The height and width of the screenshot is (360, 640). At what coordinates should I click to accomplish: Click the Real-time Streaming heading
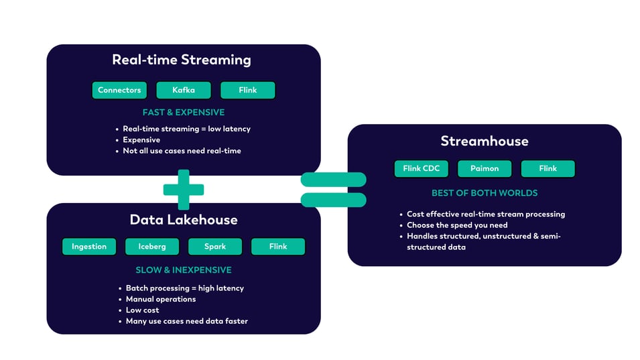[181, 60]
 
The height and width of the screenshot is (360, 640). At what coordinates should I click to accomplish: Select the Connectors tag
[119, 91]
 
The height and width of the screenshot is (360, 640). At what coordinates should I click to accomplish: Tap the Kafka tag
[184, 91]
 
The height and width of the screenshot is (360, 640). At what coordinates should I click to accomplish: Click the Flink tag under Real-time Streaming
[247, 91]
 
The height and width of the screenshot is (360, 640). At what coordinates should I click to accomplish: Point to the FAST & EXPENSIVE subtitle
[184, 112]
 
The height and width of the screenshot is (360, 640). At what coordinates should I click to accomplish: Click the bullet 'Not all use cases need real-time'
[182, 151]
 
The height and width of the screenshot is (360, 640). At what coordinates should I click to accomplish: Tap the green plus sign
[184, 190]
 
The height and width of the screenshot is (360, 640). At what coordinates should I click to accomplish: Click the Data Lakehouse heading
[184, 220]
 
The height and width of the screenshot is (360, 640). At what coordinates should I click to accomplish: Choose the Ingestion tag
[89, 247]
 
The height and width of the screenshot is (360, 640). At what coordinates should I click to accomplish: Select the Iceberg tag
[152, 247]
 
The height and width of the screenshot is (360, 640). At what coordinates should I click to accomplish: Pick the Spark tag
[215, 247]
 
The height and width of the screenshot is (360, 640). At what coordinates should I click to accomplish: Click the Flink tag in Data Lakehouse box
[278, 247]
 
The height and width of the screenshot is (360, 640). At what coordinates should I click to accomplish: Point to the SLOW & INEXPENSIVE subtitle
[184, 270]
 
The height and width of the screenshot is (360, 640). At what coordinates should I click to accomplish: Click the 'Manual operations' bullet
[161, 299]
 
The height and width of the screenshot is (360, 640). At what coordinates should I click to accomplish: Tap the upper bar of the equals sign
[334, 179]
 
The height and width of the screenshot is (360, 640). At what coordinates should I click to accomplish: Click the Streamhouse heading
[485, 141]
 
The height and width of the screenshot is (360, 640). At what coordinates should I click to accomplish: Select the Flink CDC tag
[422, 168]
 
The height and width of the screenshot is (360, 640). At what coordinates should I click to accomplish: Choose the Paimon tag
[485, 168]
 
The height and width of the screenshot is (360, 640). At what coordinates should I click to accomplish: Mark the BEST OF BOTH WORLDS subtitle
[485, 193]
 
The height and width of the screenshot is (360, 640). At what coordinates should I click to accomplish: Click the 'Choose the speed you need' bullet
[457, 225]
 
